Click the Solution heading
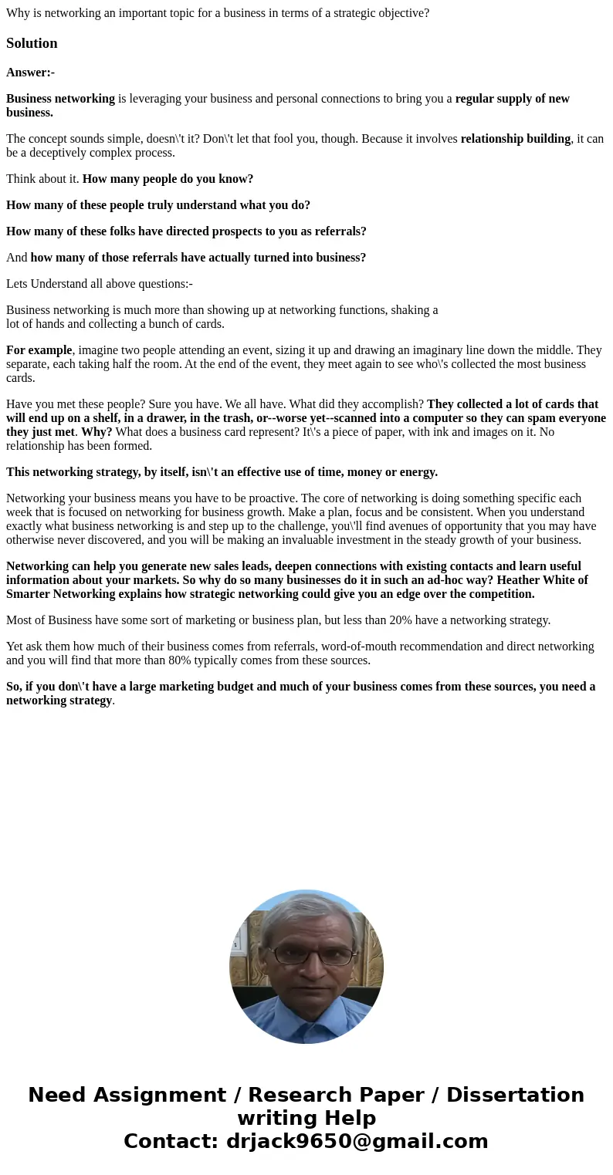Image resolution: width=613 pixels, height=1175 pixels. (x=32, y=43)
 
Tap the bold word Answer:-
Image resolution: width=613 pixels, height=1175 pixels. (x=30, y=73)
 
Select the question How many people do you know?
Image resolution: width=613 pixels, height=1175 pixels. (x=168, y=179)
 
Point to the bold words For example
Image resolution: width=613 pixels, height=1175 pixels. (x=39, y=350)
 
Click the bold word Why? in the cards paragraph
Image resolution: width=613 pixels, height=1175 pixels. (x=97, y=432)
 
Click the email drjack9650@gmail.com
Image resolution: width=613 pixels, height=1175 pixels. (x=357, y=1141)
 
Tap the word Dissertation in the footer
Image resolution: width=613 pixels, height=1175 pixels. (x=515, y=1095)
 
